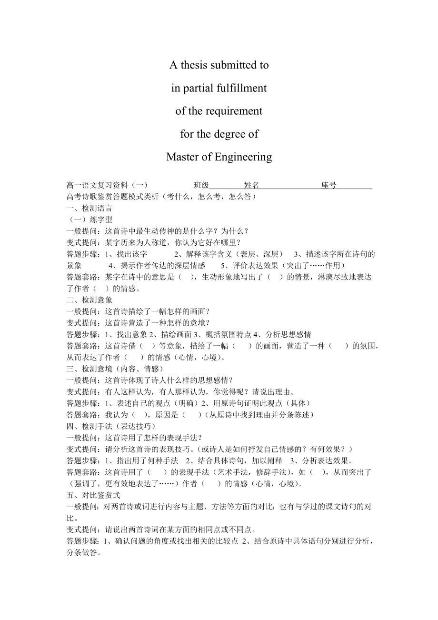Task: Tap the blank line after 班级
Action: click(x=227, y=186)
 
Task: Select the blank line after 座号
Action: click(x=354, y=186)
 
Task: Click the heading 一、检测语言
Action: click(x=90, y=208)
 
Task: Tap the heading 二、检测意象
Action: click(x=90, y=300)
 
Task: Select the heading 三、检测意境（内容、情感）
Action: click(x=115, y=369)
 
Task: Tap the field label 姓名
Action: click(x=252, y=185)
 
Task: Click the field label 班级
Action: click(x=201, y=185)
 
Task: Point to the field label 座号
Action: click(x=328, y=185)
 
